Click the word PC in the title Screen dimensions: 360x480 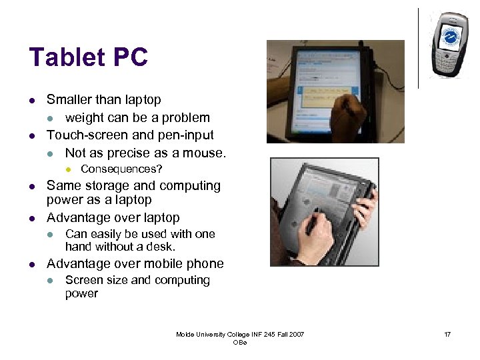pyautogui.click(x=131, y=57)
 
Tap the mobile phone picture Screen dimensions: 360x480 pyautogui.click(x=448, y=44)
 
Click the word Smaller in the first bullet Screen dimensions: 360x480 pyautogui.click(x=71, y=100)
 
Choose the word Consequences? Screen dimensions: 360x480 pyautogui.click(x=121, y=169)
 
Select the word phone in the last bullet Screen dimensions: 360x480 pyautogui.click(x=205, y=263)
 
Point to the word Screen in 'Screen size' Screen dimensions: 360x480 pyautogui.click(x=83, y=280)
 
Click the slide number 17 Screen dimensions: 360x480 pyautogui.click(x=447, y=334)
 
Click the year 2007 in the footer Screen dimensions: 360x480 pyautogui.click(x=294, y=334)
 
